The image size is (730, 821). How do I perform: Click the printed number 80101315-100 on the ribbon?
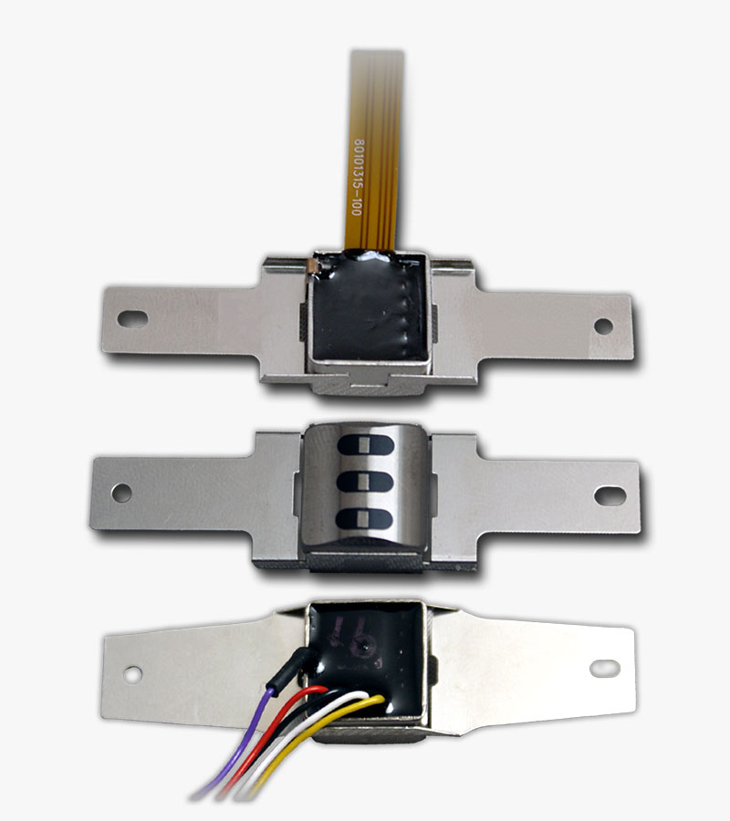click(357, 177)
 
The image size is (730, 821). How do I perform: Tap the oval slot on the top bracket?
click(132, 318)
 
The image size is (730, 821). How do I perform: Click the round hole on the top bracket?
click(603, 327)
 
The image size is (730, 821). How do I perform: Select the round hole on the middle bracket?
click(121, 493)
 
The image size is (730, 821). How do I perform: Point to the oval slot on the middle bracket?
click(610, 496)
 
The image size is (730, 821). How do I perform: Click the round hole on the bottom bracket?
click(132, 674)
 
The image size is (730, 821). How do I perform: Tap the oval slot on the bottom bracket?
click(605, 668)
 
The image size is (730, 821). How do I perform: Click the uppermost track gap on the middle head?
click(365, 446)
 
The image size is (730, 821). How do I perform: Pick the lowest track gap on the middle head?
click(364, 519)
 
